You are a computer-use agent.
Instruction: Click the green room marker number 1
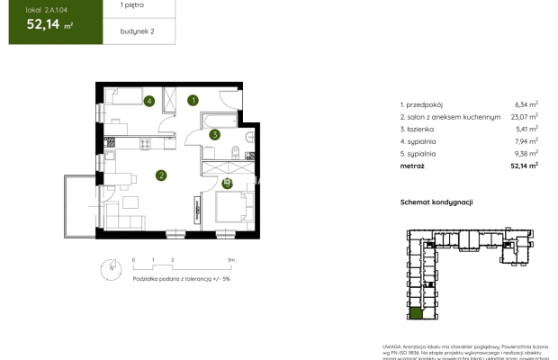click(193, 101)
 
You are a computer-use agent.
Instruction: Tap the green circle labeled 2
click(160, 175)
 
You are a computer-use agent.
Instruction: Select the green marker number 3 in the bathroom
click(214, 136)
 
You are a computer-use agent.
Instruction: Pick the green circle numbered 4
click(148, 101)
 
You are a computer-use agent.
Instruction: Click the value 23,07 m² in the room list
click(526, 117)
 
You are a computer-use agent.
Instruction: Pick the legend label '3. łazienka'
click(419, 129)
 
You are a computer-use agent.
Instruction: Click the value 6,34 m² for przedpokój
click(526, 104)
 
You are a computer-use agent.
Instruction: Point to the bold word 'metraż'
click(413, 166)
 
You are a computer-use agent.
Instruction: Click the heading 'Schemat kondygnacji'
click(436, 203)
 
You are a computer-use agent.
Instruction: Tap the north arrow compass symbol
click(110, 267)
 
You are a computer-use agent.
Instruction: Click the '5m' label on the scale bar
click(231, 259)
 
